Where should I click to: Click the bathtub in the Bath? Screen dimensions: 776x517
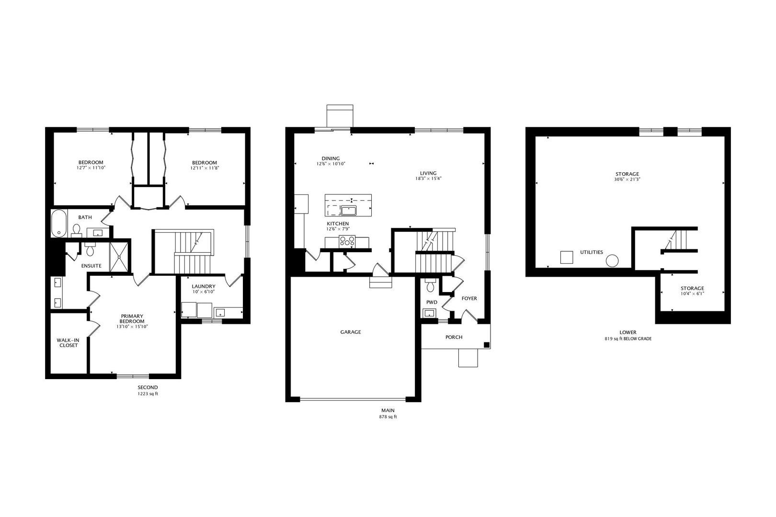click(x=59, y=224)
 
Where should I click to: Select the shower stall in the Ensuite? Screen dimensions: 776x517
click(x=119, y=257)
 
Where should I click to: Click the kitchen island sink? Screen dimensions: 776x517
click(x=349, y=210)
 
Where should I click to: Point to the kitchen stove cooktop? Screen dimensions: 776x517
click(x=347, y=241)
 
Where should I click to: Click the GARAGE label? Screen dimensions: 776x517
click(x=351, y=332)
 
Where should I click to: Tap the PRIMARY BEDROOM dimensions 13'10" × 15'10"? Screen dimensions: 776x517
click(x=132, y=326)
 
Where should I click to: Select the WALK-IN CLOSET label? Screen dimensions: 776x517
click(x=68, y=343)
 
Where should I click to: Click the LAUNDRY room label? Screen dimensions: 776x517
click(x=204, y=286)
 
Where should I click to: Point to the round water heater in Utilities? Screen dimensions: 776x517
click(x=612, y=260)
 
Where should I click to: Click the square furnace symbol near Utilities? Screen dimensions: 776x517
click(x=566, y=257)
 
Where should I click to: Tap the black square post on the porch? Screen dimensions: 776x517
click(x=486, y=345)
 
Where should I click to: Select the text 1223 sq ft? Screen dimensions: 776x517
click(x=148, y=393)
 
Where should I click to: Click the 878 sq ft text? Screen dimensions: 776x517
click(x=388, y=417)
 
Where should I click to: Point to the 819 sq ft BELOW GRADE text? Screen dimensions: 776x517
click(x=628, y=338)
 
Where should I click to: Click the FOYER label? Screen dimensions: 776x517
click(x=469, y=298)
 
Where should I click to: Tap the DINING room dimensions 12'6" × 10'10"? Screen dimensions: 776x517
click(x=331, y=164)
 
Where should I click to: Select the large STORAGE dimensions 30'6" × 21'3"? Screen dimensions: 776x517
click(x=628, y=180)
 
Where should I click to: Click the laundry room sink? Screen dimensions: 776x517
click(x=220, y=312)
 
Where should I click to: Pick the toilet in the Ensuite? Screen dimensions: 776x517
click(x=90, y=249)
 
